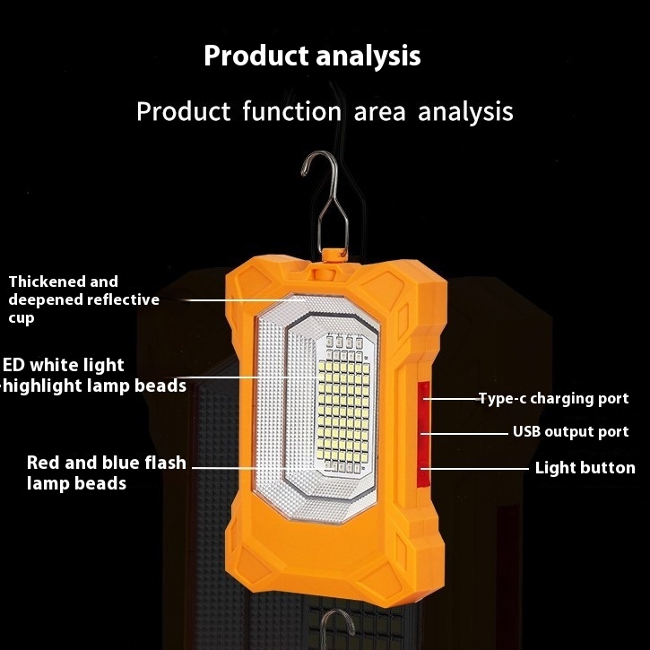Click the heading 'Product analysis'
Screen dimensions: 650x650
coord(311,56)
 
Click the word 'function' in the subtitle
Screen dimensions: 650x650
coord(290,112)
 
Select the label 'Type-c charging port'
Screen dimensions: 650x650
coord(553,399)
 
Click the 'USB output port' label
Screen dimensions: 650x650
coord(570,432)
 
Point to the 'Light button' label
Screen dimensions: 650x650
coord(585,467)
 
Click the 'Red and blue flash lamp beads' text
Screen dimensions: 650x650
coord(106,473)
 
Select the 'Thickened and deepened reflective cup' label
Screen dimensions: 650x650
coord(83,299)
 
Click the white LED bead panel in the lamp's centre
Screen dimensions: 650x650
coord(342,403)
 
